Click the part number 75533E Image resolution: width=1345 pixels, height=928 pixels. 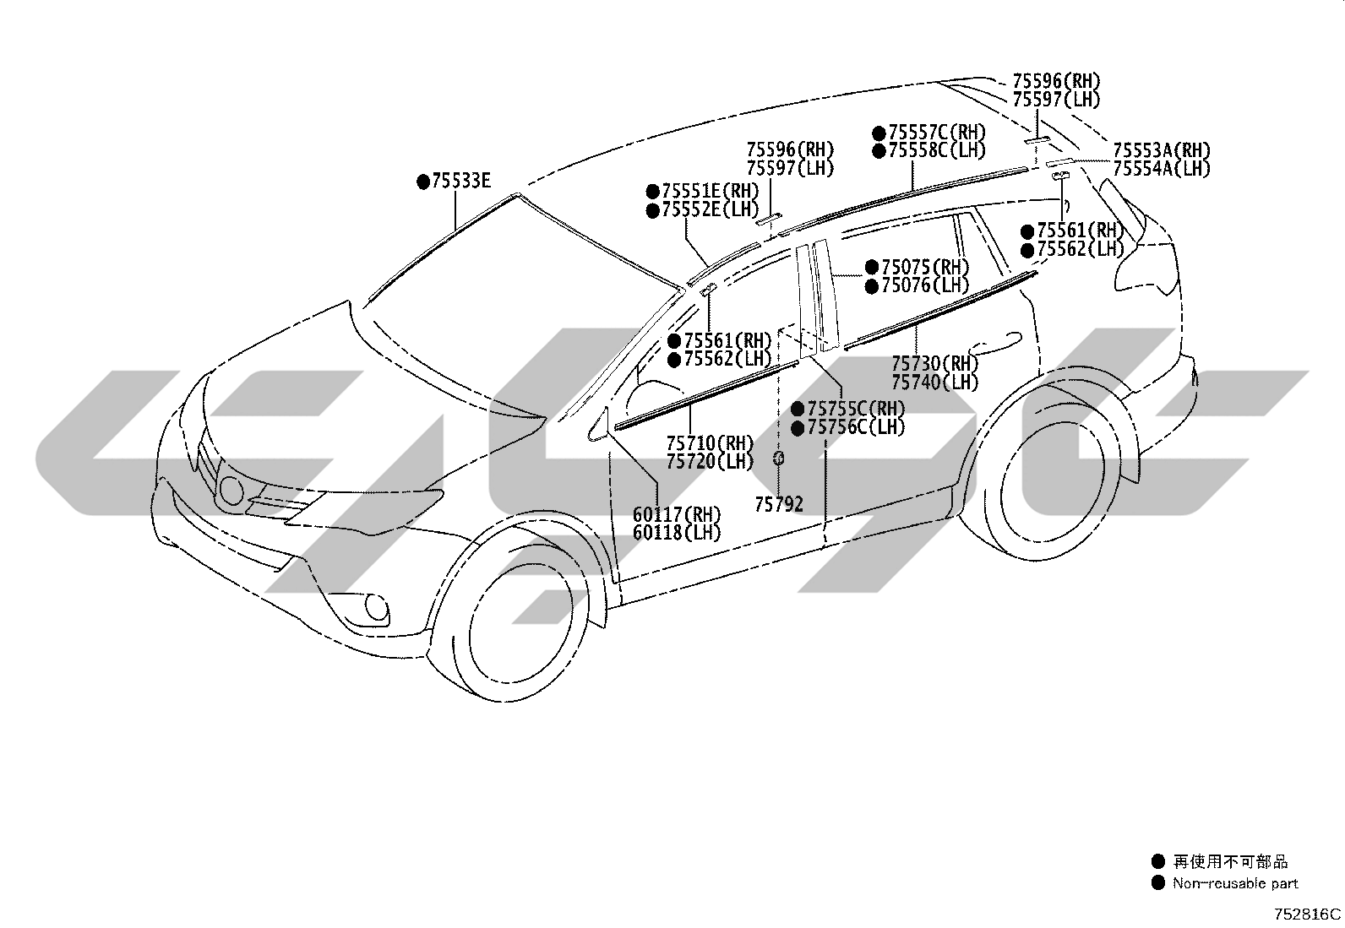(461, 181)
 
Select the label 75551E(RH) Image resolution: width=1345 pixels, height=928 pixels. (711, 192)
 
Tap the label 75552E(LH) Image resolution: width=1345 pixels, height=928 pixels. (711, 210)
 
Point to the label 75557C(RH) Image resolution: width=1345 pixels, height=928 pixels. (937, 133)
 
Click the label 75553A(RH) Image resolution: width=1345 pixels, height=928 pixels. (1162, 150)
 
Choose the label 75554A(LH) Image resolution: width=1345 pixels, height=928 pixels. (1162, 169)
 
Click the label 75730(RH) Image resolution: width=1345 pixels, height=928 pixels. (935, 363)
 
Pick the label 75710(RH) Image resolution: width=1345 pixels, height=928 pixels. (710, 443)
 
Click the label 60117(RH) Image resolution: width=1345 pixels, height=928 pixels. (677, 514)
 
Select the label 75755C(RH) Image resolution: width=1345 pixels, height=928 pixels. (856, 409)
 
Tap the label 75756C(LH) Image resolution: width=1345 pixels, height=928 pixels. (856, 427)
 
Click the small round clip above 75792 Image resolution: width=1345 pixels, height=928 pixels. (778, 459)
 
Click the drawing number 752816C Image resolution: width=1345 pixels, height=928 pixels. (1307, 914)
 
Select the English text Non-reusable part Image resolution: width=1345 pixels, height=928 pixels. (1235, 883)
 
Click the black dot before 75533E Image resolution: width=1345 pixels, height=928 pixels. (423, 182)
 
